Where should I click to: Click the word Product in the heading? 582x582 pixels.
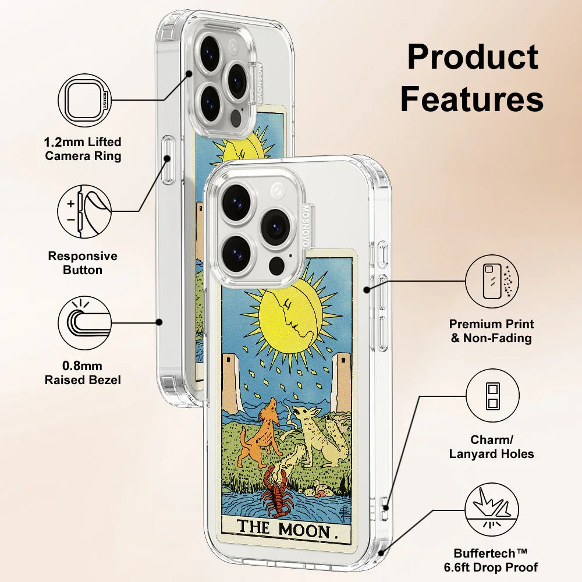click(x=472, y=58)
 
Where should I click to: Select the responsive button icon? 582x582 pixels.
click(x=85, y=211)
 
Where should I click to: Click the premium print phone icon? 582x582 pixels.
click(x=492, y=283)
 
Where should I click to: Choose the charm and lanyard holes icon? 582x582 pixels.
click(x=492, y=398)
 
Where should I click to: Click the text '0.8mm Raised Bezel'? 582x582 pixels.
click(x=83, y=373)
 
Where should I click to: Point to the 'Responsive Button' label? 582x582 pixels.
click(x=83, y=263)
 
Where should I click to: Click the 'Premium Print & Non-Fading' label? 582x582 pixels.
click(x=492, y=331)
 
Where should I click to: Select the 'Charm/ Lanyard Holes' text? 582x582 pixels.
click(x=492, y=446)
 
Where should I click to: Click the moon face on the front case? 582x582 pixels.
click(x=291, y=317)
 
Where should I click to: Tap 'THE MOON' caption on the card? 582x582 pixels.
click(x=285, y=530)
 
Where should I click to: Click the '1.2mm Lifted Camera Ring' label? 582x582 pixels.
click(x=83, y=149)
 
